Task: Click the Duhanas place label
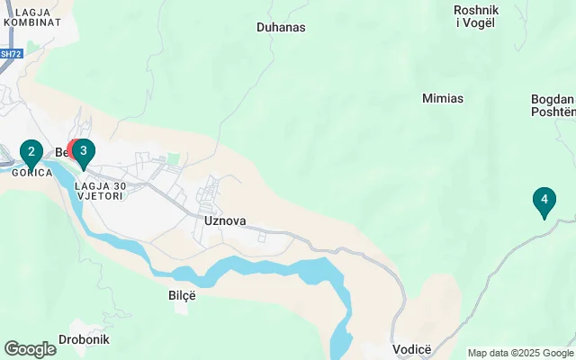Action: (281, 27)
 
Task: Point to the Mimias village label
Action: (443, 97)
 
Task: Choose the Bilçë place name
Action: (182, 294)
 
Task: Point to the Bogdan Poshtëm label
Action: (552, 105)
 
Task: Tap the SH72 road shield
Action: (9, 54)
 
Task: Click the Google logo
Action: (30, 349)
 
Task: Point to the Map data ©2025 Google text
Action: (520, 353)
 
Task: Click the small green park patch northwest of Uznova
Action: (174, 159)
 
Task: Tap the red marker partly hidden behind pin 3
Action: (73, 148)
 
